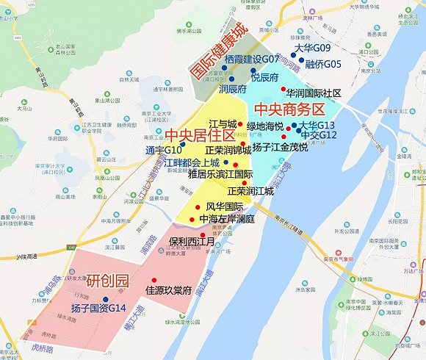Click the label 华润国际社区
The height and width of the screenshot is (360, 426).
pos(314,94)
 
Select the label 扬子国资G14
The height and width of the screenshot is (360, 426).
pos(99,308)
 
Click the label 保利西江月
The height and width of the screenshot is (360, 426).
pos(190,241)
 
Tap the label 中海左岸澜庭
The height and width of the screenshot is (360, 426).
pos(227,219)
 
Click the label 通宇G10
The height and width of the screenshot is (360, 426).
pos(163,150)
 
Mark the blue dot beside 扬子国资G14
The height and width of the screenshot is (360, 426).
pos(106,298)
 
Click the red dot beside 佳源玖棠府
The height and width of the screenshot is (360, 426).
pos(154,280)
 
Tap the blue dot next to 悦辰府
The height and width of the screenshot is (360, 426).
pos(252,71)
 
